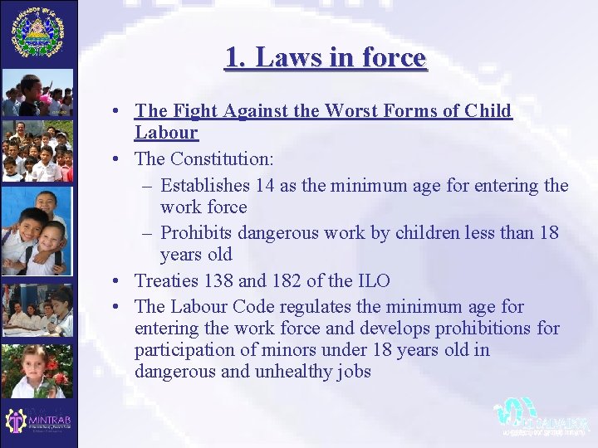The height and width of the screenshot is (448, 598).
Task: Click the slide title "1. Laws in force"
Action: coord(325,57)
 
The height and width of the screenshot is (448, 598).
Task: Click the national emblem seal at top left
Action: coord(37,32)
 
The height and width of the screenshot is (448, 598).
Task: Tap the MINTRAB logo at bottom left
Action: coord(38,421)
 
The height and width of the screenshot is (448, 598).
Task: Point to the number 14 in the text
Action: coord(266,185)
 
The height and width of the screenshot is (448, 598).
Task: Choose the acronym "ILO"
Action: coord(370,281)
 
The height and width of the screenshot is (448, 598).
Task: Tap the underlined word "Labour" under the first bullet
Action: coord(166,132)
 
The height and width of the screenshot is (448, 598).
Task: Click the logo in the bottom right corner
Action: coord(541,416)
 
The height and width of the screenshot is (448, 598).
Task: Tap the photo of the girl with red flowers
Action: coord(37,371)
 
